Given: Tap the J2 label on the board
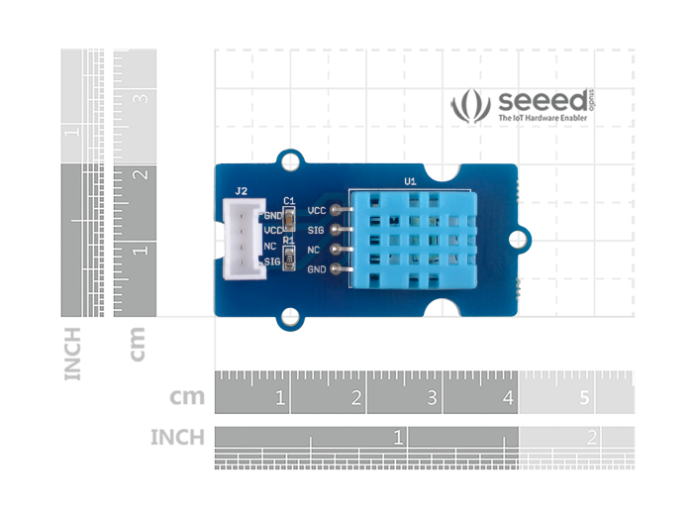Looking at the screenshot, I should pos(241,190).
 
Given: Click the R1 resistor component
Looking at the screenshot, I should pos(289,259).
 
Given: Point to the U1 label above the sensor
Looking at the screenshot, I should pos(410,181).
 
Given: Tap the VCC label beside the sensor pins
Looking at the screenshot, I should pos(317,210).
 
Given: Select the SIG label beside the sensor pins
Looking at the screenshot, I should pos(317,230).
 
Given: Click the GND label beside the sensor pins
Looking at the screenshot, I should pos(317,269).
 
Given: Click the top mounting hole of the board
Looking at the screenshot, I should pos(291,158).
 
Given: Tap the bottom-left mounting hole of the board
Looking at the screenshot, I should pos(289,316).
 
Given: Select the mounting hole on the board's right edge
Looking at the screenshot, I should pos(519,238).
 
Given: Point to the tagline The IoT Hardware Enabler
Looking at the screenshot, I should pos(543,119).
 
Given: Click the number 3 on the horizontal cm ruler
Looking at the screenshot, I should pos(433,399).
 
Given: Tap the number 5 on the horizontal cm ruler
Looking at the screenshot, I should pos(584,399).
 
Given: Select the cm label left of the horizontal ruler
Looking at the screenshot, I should pos(187,398).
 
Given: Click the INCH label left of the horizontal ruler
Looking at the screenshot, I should pos(177,437).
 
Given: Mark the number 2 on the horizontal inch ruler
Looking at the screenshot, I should pos(591,437).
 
